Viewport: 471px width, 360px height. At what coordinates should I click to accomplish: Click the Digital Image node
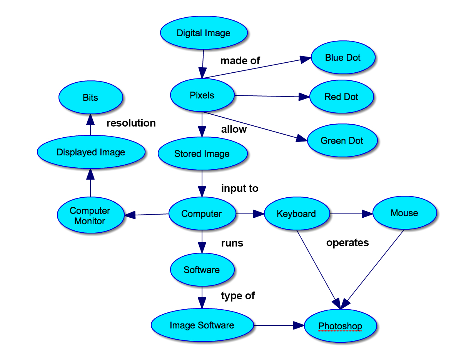click(204, 33)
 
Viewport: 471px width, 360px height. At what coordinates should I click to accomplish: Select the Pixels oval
click(202, 95)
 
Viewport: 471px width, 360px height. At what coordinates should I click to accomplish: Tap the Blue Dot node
click(343, 58)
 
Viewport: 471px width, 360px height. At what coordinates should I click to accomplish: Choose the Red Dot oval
click(341, 97)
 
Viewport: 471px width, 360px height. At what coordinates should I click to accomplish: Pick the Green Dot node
click(342, 141)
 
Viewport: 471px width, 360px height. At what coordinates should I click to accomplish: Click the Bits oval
click(90, 97)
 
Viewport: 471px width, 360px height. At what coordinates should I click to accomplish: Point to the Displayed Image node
click(91, 152)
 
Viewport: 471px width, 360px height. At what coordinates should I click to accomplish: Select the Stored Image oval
click(202, 154)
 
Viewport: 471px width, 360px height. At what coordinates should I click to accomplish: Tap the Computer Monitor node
click(90, 215)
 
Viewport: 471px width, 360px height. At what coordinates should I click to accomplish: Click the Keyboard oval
click(296, 214)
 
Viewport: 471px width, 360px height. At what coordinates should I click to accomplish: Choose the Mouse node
click(404, 213)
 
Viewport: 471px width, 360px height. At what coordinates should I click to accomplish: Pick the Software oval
click(202, 270)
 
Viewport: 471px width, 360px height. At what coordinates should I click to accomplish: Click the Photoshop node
click(340, 326)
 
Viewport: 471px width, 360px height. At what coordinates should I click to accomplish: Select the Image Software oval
click(202, 325)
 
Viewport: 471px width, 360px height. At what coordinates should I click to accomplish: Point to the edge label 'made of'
click(240, 61)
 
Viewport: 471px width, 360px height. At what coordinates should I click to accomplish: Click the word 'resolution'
click(131, 123)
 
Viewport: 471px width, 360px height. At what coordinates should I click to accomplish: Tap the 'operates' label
click(347, 243)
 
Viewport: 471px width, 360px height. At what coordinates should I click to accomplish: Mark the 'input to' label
click(240, 188)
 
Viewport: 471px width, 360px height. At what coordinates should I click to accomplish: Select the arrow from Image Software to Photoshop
click(277, 325)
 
